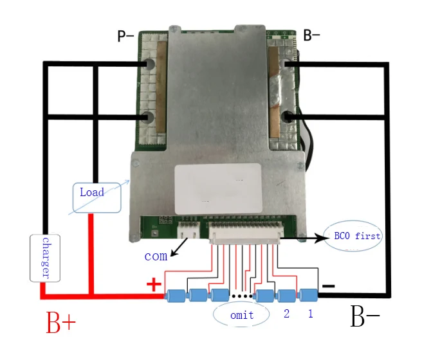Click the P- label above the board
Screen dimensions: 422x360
click(125, 36)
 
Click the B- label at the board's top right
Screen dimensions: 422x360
click(311, 35)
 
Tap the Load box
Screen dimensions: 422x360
click(97, 198)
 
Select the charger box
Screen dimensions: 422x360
click(45, 258)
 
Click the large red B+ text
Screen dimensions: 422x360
click(61, 322)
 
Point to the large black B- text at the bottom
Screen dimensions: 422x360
click(365, 316)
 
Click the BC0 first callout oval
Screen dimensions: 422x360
click(353, 236)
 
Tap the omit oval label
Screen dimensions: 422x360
click(241, 315)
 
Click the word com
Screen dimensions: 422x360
click(156, 256)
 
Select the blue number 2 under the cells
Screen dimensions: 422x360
click(287, 314)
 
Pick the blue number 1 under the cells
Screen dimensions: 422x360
click(311, 314)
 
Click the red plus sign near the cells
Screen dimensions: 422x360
click(154, 284)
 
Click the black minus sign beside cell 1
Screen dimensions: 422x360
click(328, 286)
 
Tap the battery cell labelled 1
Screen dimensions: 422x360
click(308, 296)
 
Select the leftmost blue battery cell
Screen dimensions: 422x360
click(176, 296)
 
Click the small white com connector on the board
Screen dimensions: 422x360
click(188, 231)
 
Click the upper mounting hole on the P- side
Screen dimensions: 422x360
click(149, 64)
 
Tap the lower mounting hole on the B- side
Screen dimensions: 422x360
click(287, 116)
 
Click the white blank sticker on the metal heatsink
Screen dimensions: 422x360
click(218, 189)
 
